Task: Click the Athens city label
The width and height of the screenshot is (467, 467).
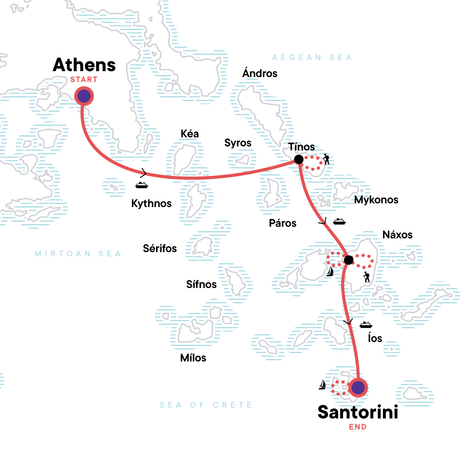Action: (x=84, y=65)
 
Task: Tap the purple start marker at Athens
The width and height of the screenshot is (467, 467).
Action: (x=84, y=96)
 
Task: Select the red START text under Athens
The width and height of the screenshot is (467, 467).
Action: (x=84, y=80)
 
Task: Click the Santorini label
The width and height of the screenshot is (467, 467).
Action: (x=358, y=413)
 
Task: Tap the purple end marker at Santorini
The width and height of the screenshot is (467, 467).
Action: (x=358, y=387)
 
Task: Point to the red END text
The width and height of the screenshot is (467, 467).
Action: (x=358, y=427)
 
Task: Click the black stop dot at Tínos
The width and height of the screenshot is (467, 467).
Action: (x=298, y=159)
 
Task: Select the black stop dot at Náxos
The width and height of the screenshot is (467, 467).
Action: (x=348, y=260)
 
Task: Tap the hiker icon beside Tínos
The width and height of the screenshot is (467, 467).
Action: (x=326, y=159)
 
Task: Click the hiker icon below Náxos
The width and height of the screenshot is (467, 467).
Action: (x=366, y=277)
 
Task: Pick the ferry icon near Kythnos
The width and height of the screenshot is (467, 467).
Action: (x=142, y=185)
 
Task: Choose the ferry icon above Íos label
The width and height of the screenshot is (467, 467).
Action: (x=366, y=325)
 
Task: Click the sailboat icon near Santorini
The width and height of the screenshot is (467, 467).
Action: (x=322, y=385)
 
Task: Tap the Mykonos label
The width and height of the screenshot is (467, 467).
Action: (x=376, y=200)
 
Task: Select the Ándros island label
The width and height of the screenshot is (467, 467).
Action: (x=260, y=73)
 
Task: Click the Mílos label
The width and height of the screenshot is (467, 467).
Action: (x=193, y=358)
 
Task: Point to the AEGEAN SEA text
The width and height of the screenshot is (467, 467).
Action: (x=312, y=58)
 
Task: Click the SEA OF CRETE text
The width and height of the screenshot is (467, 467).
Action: (x=206, y=405)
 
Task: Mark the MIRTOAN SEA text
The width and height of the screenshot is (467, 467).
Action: (x=78, y=254)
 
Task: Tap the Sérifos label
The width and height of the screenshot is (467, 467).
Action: (x=160, y=248)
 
